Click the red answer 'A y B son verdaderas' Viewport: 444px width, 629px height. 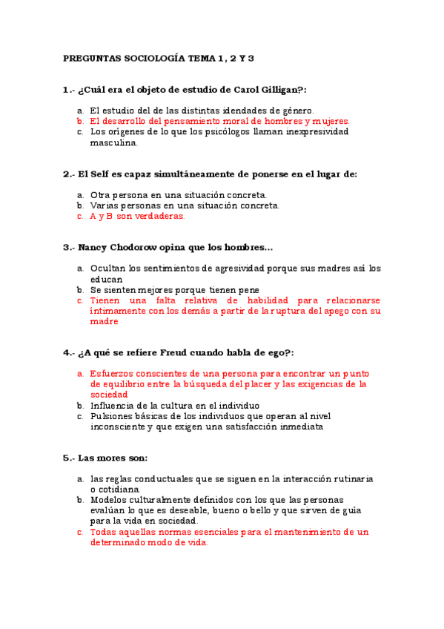pos(136,217)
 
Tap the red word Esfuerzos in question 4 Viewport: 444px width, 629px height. pos(112,374)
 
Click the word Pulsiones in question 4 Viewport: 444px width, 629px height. pos(111,417)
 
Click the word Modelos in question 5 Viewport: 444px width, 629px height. pos(109,500)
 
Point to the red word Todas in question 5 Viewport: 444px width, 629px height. pos(103,532)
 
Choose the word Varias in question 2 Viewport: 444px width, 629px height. pos(105,205)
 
